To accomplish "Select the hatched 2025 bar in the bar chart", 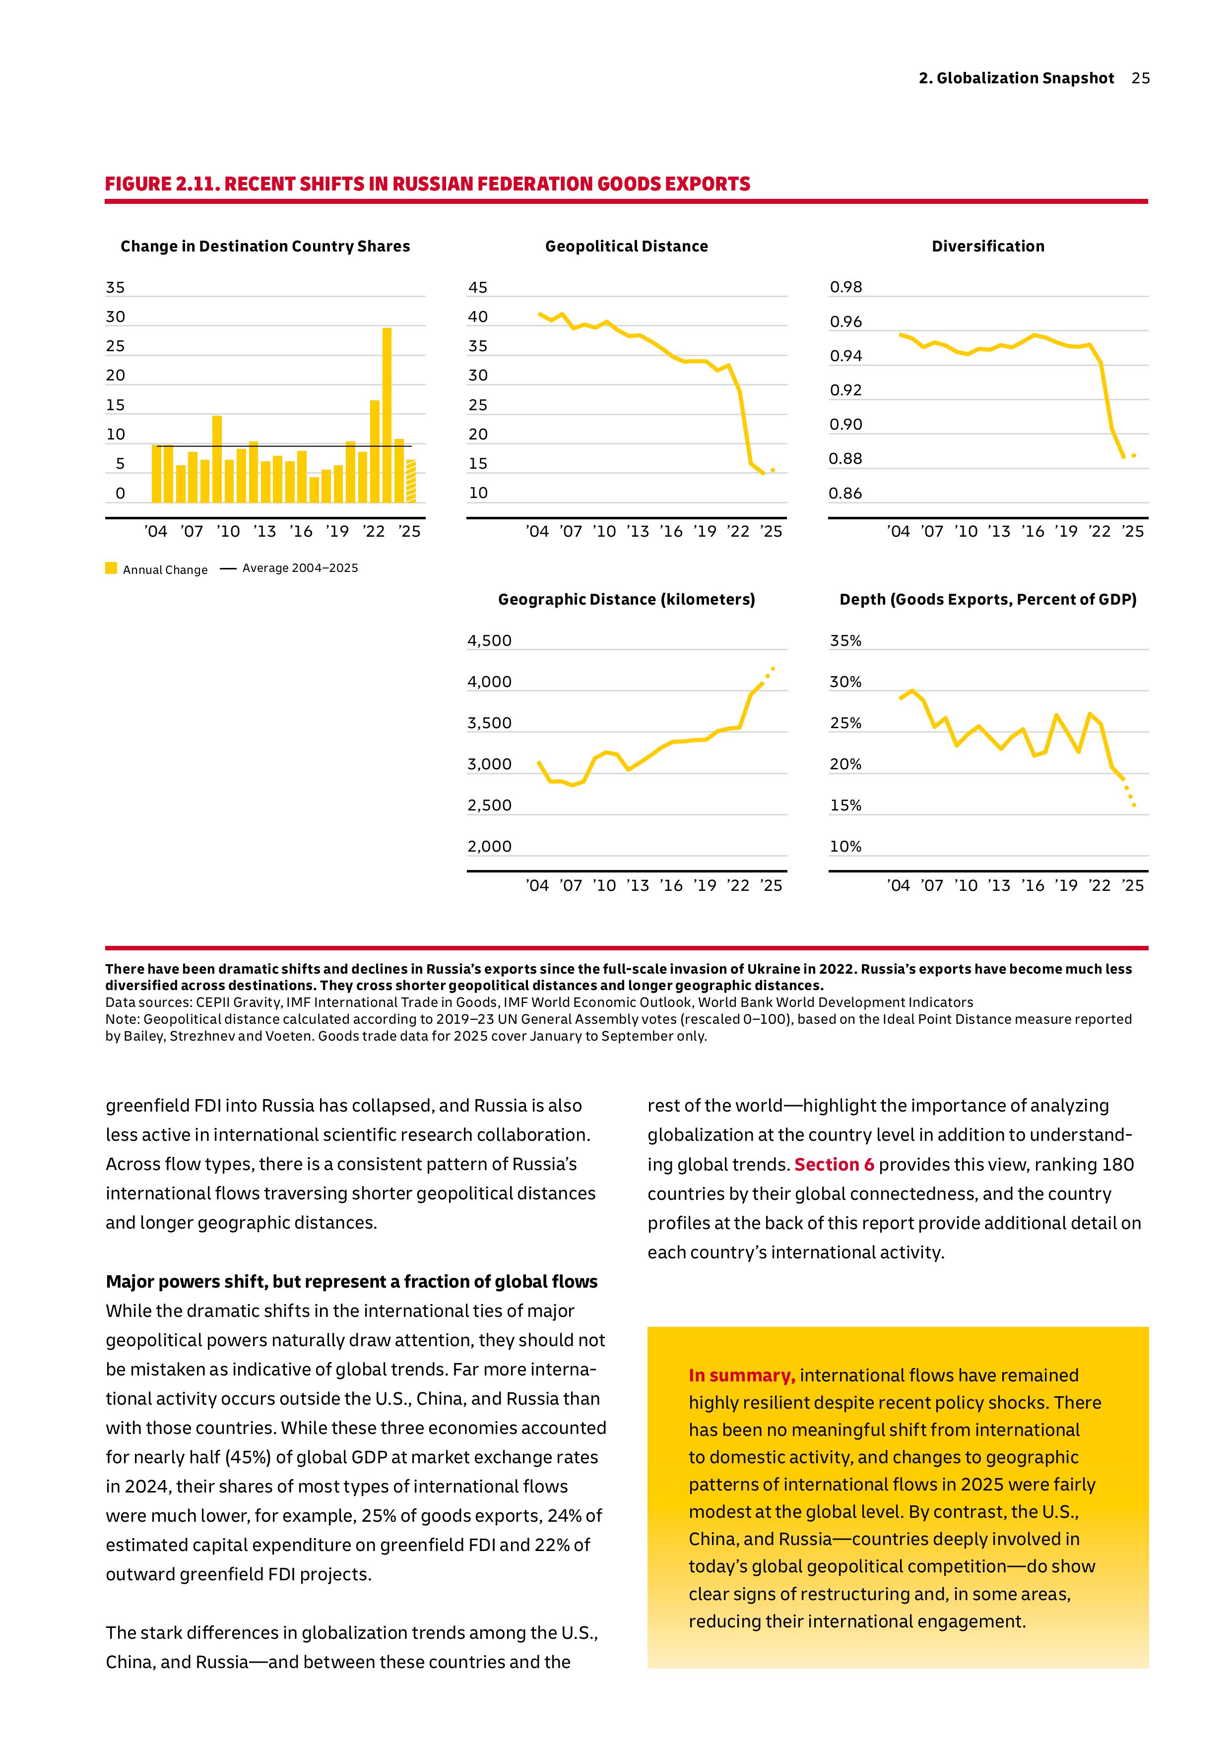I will point(411,481).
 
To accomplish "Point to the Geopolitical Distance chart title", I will point(626,247).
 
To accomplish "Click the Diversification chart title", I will point(988,247).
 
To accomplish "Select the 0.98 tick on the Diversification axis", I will point(846,287).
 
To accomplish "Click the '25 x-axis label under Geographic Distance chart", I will point(771,885).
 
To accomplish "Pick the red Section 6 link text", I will point(834,1165).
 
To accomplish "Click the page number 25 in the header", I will point(1140,78).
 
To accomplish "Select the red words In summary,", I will point(741,1375).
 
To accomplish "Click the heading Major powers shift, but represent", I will point(351,1282).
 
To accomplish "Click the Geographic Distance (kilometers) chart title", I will point(626,600).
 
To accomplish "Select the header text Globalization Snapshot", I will point(1025,78).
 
